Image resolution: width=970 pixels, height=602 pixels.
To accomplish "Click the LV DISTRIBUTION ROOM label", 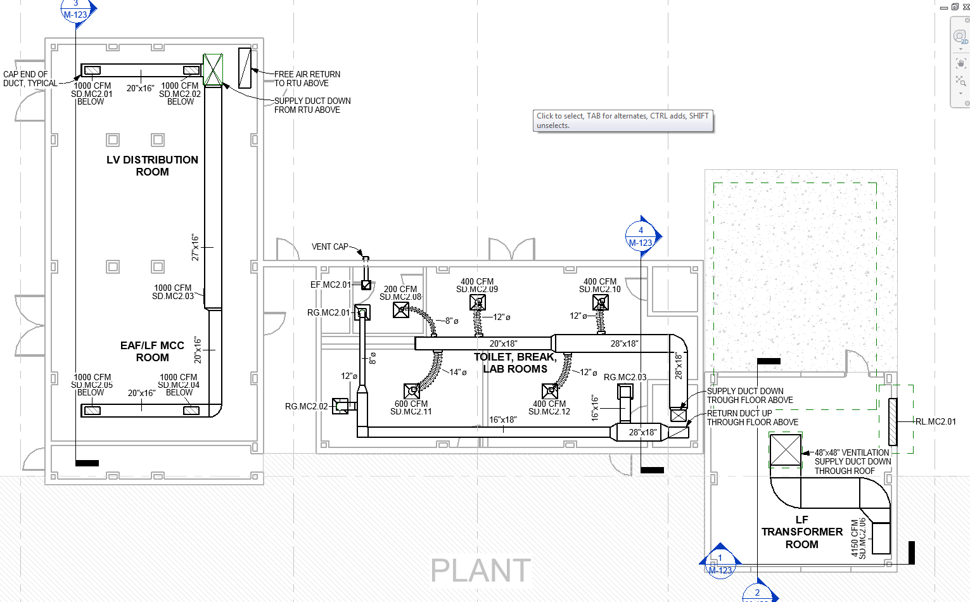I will [x=152, y=166].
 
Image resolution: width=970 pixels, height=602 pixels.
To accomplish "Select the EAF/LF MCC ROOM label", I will [x=152, y=352].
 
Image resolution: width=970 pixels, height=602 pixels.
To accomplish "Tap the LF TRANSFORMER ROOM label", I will [x=802, y=532].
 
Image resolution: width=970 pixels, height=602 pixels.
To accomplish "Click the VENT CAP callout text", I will [x=329, y=247].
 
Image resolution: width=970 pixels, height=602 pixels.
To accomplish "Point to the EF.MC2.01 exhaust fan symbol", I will [x=366, y=285].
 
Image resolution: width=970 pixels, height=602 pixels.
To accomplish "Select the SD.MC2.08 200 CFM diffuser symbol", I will [x=401, y=310].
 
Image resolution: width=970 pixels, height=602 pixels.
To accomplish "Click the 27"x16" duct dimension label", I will [x=196, y=247].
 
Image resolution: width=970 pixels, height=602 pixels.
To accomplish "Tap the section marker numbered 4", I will [x=641, y=236].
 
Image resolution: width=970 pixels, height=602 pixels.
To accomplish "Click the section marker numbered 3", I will [x=76, y=10].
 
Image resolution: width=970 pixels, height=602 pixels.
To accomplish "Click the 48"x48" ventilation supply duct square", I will [x=786, y=450].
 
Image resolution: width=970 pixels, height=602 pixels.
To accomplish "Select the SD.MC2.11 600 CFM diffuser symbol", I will [x=412, y=391].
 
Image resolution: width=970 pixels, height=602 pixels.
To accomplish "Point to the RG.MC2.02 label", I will [x=306, y=406].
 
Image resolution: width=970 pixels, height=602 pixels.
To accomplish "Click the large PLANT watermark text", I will [x=480, y=570].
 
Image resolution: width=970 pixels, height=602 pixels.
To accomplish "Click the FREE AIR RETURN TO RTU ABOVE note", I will [x=307, y=79].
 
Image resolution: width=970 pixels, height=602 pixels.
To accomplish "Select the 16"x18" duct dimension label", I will [x=502, y=419].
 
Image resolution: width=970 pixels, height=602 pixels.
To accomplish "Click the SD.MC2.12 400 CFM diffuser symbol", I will [x=550, y=391].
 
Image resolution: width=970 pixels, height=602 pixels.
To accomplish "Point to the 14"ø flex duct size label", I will [x=457, y=372].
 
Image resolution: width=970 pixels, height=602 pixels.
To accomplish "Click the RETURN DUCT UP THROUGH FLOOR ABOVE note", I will [x=752, y=418].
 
